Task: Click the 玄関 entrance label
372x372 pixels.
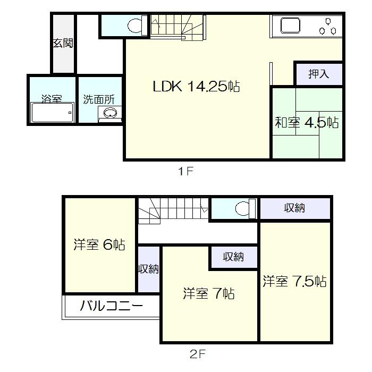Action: (63, 44)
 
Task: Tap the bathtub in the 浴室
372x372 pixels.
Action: (52, 113)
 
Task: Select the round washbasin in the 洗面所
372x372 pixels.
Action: (110, 113)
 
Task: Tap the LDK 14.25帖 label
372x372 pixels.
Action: (196, 86)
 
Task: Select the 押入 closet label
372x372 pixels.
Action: (318, 74)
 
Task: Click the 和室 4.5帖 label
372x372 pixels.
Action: (307, 122)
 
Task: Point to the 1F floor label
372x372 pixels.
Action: (184, 172)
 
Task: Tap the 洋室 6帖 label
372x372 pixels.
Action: (99, 245)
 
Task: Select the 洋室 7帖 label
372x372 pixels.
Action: (209, 293)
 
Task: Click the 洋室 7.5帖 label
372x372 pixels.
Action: (294, 281)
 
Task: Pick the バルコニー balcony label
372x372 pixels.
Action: (112, 307)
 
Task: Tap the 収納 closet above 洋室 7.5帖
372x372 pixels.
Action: (294, 208)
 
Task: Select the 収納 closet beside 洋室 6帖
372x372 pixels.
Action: (149, 269)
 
